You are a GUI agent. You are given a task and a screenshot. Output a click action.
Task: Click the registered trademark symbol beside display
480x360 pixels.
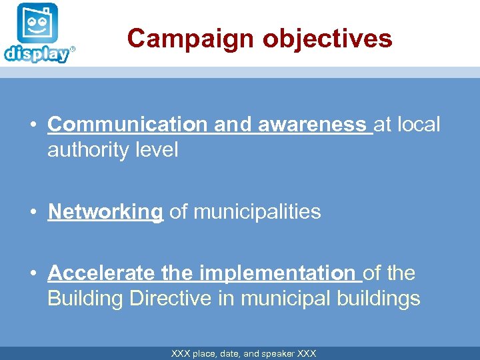[x=73, y=49]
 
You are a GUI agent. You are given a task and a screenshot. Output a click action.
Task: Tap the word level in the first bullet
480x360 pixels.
[x=157, y=150]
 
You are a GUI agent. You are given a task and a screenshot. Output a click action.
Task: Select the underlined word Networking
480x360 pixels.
[x=105, y=212]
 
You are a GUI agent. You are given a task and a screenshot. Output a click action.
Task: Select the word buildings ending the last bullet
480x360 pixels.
[x=379, y=299]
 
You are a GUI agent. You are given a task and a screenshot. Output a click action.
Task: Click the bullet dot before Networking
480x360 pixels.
[x=32, y=212]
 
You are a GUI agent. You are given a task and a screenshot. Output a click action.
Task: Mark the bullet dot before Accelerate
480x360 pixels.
[x=32, y=273]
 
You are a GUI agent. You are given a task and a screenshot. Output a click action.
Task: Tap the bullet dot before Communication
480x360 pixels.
[x=32, y=125]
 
